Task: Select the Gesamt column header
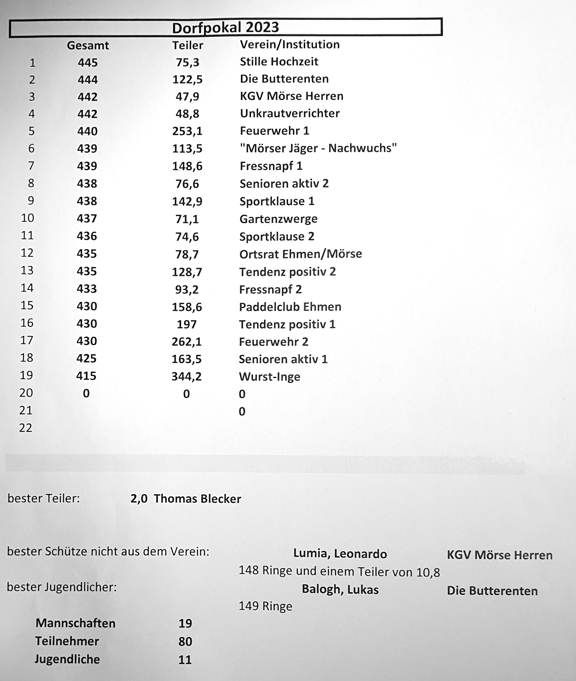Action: pos(88,45)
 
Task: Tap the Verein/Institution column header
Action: pos(290,44)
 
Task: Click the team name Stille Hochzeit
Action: pos(279,62)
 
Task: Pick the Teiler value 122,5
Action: pos(188,79)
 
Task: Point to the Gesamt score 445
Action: pos(87,62)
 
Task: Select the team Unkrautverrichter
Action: pos(290,113)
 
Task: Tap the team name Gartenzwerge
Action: pos(278,219)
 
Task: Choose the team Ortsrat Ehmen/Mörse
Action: pos(300,254)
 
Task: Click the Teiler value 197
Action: pos(186,324)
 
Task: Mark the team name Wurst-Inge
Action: pos(269,376)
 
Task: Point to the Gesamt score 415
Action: pos(86,376)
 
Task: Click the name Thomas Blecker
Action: pos(197,499)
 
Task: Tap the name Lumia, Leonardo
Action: pos(340,554)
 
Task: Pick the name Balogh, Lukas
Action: pos(340,589)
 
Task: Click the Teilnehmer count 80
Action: pos(185,641)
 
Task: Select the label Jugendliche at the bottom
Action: pos(67,659)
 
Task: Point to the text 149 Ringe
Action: pos(265,606)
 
